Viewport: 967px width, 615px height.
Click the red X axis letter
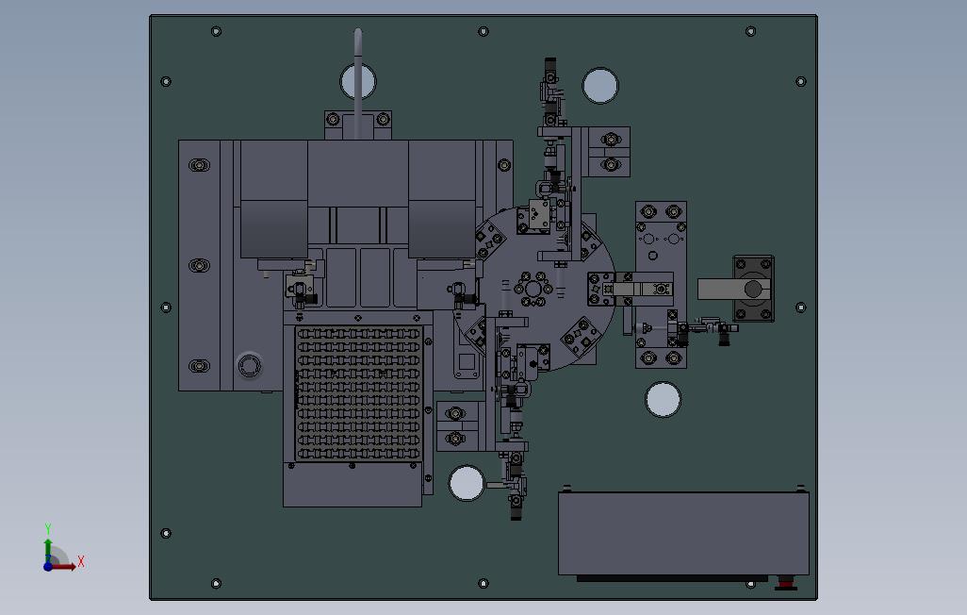point(81,562)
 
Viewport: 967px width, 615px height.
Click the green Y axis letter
point(48,528)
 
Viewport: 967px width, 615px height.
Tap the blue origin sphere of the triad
point(48,566)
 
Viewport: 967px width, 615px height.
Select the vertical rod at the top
point(358,79)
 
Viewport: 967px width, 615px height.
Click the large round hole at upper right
point(600,86)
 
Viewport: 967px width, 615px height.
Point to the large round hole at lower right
point(663,399)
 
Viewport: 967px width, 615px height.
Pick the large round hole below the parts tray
point(467,483)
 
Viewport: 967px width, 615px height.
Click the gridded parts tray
point(358,393)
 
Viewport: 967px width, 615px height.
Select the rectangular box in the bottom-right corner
point(683,534)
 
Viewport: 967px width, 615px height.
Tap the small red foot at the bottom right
point(785,582)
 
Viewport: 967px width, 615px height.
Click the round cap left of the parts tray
point(249,366)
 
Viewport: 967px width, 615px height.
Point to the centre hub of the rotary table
point(533,289)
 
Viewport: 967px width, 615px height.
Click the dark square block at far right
point(753,289)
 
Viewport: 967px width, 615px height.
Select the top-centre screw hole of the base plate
point(483,31)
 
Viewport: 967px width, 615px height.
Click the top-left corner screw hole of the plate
point(216,31)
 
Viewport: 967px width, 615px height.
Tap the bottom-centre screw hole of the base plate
point(483,584)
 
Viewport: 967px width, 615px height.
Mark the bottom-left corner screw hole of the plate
point(216,584)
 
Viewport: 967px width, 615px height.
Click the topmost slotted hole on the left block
point(199,165)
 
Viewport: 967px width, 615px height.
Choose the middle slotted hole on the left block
point(199,265)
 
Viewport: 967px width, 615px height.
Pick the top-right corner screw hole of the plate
point(750,31)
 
